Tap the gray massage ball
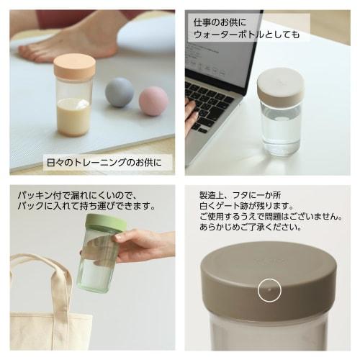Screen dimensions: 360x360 (120, 94)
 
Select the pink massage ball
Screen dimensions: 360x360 (153, 101)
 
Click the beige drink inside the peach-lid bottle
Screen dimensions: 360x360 (74, 114)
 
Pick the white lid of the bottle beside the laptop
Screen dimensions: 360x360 (280, 83)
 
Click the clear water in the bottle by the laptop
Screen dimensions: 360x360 (280, 130)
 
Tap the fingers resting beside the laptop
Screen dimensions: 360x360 (191, 115)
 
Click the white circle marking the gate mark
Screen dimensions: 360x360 (267, 290)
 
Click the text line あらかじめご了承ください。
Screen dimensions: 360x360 (251, 228)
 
